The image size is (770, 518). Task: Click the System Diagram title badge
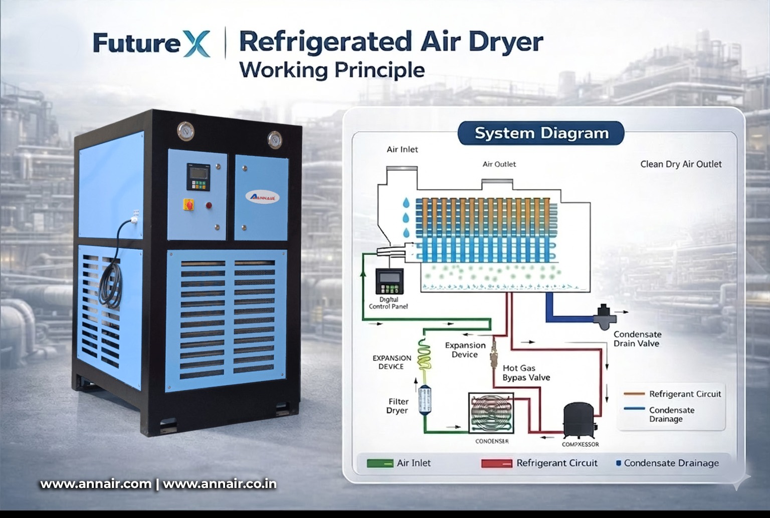tap(541, 133)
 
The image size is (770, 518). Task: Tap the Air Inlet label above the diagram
tap(402, 149)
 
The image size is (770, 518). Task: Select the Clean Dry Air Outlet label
tap(681, 164)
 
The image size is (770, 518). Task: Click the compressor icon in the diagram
tap(580, 420)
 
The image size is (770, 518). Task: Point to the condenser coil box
tap(492, 413)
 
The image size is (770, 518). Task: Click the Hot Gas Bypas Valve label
tap(526, 373)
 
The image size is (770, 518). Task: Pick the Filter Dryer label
tap(398, 406)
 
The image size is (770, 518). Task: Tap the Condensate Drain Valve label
tap(637, 339)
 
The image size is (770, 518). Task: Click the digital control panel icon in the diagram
tap(390, 282)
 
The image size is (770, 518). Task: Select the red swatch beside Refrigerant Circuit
tap(496, 463)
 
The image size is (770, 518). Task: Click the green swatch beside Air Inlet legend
tap(379, 463)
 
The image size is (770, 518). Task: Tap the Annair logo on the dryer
tap(262, 196)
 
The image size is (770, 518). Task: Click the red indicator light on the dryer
tap(209, 205)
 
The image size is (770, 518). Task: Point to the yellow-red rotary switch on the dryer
tap(190, 204)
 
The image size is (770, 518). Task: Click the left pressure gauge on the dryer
tap(185, 131)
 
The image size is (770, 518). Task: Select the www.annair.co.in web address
tap(220, 484)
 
